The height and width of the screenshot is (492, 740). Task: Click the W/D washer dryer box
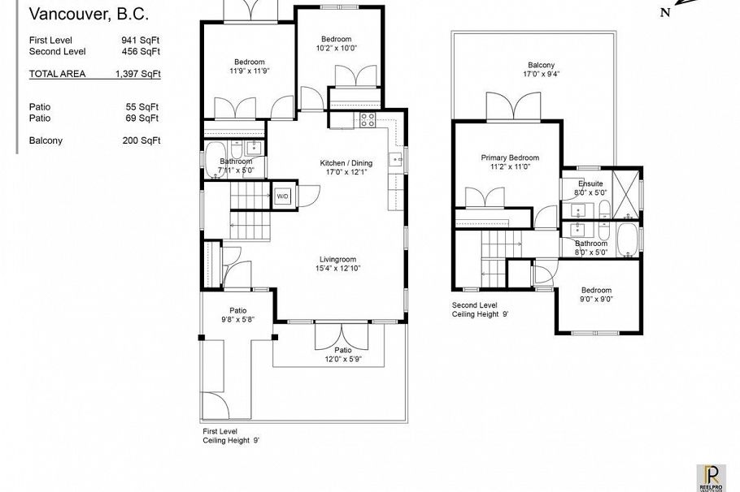tap(283, 196)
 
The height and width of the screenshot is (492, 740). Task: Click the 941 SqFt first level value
tap(140, 39)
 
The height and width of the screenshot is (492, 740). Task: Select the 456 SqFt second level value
tap(140, 51)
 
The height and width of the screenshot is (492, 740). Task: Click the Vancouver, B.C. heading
tap(89, 14)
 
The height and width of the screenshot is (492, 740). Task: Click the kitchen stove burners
tap(367, 120)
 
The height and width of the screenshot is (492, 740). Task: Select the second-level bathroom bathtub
tap(626, 242)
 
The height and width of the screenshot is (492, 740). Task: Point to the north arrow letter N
tap(664, 12)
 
